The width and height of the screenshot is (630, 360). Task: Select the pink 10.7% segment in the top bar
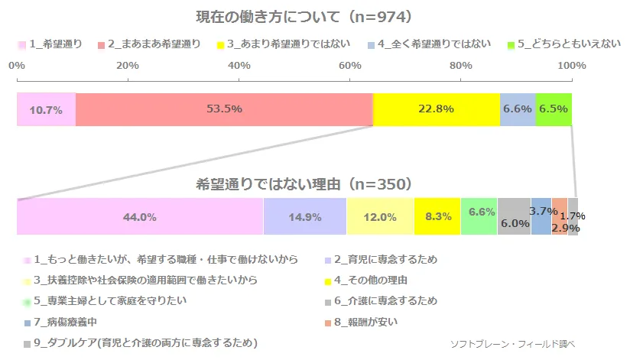tap(46, 109)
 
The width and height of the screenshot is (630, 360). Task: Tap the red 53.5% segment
tap(224, 109)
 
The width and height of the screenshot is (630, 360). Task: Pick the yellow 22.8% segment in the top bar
tap(437, 109)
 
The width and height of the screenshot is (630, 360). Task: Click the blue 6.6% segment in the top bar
tap(518, 109)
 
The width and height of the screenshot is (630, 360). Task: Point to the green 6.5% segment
tap(554, 109)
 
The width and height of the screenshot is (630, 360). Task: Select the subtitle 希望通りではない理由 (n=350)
tap(304, 184)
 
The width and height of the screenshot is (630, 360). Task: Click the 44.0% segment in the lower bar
tap(140, 216)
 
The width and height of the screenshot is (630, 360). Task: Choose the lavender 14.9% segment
tap(305, 216)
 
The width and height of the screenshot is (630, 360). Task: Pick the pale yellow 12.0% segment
tap(380, 216)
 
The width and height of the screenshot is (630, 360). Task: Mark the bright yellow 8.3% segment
tap(437, 216)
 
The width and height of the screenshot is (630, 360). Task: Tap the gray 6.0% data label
tap(515, 223)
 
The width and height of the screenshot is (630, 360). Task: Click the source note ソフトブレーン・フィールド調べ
tap(512, 343)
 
